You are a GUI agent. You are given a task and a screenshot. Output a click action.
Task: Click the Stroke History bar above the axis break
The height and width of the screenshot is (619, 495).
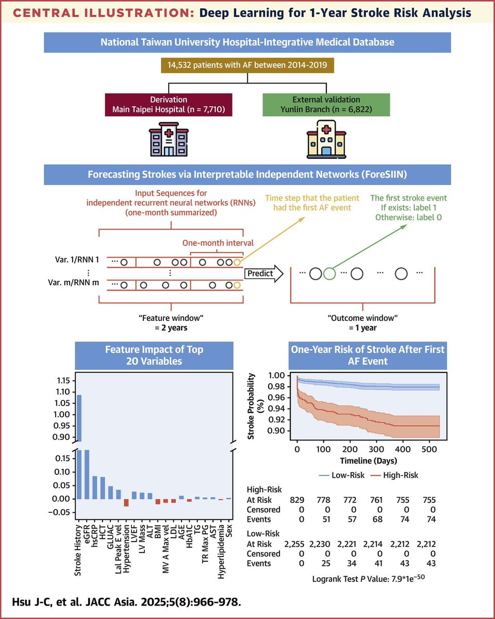point(78,418)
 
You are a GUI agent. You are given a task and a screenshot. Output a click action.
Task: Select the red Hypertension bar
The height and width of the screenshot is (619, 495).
point(126,502)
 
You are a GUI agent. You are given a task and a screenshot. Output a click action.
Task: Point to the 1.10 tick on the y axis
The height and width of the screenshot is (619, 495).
point(63,392)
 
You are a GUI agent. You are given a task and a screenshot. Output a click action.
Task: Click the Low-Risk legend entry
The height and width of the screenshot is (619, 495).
point(342,475)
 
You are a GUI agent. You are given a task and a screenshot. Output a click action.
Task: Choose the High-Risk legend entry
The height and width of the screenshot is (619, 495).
point(394,475)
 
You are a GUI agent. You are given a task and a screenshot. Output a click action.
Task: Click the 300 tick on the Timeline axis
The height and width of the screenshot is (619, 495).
point(376,449)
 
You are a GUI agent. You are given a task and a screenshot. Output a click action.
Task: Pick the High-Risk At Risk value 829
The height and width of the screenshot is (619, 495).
point(297,500)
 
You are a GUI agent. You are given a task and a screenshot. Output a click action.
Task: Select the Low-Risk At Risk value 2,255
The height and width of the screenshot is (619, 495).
point(294,544)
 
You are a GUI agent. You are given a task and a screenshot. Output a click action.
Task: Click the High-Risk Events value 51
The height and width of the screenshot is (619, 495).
point(326,519)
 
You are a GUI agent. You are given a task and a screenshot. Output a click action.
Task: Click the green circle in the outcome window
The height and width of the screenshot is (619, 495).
point(329,273)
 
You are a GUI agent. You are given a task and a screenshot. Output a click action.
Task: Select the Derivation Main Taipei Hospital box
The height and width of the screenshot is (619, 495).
point(169,105)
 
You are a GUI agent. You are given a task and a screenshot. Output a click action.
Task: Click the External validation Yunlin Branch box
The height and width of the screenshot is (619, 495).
point(326,105)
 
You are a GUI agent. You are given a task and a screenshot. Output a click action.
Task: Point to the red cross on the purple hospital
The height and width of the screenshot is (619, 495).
point(169,133)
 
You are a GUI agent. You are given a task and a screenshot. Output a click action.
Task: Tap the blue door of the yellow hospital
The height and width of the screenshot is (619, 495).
point(326,151)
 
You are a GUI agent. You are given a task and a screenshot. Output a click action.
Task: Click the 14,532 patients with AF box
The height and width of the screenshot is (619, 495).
point(247,66)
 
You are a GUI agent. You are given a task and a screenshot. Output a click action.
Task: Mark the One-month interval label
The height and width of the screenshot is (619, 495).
point(218,243)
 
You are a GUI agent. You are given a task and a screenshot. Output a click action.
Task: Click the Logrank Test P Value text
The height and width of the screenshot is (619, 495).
point(369,579)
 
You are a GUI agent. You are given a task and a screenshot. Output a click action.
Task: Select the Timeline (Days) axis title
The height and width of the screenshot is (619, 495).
point(369,461)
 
